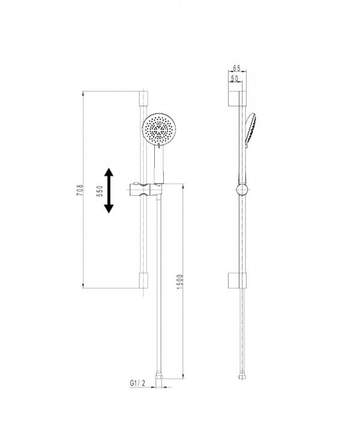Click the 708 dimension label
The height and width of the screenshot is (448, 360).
[x=81, y=190]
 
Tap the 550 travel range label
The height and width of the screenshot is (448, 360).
[x=100, y=191]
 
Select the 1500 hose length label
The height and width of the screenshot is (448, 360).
[x=180, y=282]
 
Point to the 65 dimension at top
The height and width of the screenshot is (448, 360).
[x=236, y=68]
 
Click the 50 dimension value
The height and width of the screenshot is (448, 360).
[x=235, y=78]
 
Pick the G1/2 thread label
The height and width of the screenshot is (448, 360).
[x=137, y=383]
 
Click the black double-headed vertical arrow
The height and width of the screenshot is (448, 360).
[x=109, y=191]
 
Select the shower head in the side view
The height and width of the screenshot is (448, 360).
[x=250, y=130]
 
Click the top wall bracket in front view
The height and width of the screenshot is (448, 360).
[x=143, y=98]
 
